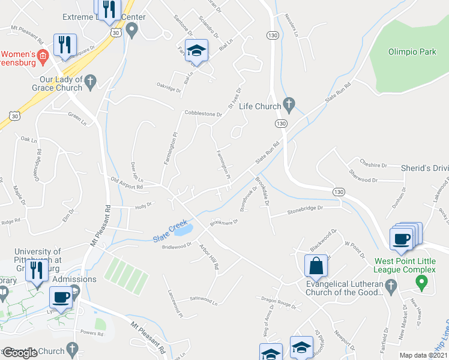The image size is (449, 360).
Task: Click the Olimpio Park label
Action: point(412,52)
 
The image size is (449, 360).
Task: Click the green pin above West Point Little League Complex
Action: point(422,280)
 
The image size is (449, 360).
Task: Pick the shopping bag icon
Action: point(316,265)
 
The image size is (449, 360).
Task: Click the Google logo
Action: point(20,353)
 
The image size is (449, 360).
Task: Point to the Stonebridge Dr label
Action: point(305,209)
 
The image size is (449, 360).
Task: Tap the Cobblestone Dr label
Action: point(203,113)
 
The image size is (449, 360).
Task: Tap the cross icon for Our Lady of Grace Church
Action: point(90,81)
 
